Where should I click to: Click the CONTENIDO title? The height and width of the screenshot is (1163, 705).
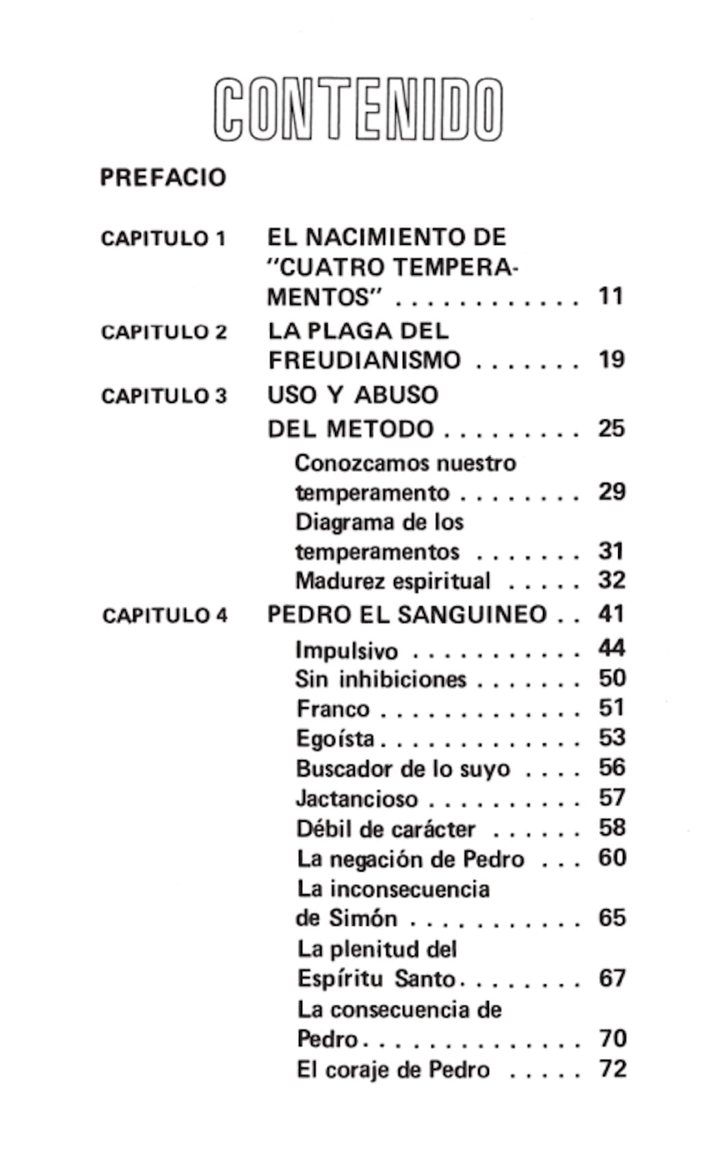tap(358, 109)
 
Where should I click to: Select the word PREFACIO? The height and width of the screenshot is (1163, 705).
tap(163, 178)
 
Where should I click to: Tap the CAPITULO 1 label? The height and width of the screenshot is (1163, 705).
tap(163, 239)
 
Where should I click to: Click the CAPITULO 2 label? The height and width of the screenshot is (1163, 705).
tap(163, 332)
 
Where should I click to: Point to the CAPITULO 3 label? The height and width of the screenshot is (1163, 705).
tap(163, 396)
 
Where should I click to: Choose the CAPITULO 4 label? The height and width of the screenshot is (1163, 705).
tap(164, 616)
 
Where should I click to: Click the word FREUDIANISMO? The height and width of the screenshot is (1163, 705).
tap(364, 360)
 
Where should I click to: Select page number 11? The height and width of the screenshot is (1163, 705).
tap(611, 297)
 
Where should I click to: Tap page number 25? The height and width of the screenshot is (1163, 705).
tap(611, 429)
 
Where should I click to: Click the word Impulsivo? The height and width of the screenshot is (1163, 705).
tap(347, 650)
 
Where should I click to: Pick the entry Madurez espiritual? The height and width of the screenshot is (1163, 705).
tap(393, 581)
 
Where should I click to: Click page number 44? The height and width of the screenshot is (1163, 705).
tap(611, 648)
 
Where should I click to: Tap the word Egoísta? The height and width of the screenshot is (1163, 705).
tap(335, 739)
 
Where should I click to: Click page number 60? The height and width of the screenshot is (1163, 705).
tap(612, 857)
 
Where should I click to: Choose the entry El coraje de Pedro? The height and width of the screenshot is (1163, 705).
tap(393, 1069)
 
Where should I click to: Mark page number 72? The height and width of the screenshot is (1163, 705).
tap(613, 1069)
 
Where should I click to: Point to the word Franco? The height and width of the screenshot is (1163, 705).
tap(333, 709)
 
